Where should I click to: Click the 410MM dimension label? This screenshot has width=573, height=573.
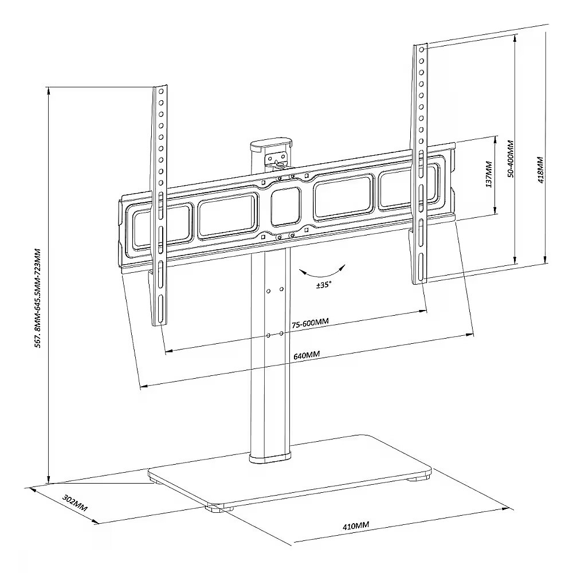[356, 525]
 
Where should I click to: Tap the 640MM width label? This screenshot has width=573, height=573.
[307, 355]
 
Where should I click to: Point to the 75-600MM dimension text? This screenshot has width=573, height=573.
[310, 323]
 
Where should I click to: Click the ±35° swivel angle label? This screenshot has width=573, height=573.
[324, 285]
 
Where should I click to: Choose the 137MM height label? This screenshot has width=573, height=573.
[489, 174]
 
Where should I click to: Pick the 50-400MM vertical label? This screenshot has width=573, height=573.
[511, 159]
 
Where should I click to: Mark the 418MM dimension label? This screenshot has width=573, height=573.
[540, 170]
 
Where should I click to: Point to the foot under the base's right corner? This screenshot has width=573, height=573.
[417, 478]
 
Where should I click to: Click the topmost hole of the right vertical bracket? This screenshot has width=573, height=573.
[421, 49]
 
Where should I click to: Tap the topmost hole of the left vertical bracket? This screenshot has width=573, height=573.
[161, 91]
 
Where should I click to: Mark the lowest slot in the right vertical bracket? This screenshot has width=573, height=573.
[421, 267]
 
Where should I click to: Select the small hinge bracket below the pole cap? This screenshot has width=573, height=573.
[277, 160]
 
